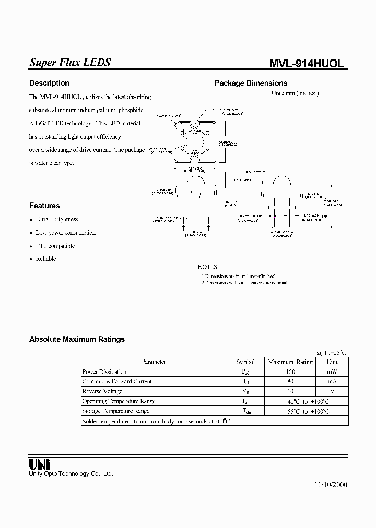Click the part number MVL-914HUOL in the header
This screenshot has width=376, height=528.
306,64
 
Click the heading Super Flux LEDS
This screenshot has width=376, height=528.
70,63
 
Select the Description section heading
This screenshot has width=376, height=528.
49,83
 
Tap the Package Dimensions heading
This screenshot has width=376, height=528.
251,83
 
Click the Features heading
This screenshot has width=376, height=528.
44,206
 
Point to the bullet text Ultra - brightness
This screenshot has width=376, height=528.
57,219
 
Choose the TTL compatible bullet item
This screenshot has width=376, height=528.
55,246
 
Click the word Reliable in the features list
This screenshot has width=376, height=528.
46,259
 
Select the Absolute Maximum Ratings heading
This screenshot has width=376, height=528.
77,339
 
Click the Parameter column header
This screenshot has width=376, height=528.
154,362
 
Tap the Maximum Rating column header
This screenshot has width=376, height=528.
290,362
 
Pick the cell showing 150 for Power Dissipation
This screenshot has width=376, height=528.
290,371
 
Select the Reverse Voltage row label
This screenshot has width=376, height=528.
102,391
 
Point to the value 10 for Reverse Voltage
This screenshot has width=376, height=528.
290,391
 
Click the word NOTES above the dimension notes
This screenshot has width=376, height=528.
208,266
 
